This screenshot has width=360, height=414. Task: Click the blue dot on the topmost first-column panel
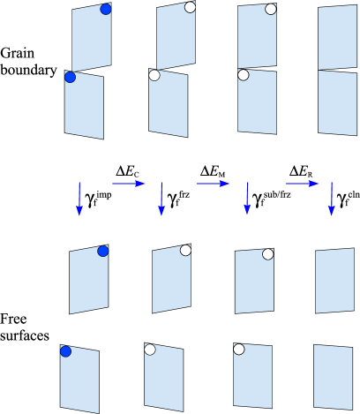106,9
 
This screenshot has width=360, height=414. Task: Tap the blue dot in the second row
70,78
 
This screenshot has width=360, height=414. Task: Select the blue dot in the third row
103,251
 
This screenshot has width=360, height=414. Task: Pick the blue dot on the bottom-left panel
65,351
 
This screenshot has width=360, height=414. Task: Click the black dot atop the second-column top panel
190,7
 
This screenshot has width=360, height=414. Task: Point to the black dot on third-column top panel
271,9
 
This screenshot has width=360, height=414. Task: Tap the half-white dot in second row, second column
154,75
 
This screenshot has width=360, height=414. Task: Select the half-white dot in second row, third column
243,75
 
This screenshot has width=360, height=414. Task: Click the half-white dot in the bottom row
150,349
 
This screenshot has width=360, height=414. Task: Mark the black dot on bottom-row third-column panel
238,349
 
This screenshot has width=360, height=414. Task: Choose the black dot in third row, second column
185,250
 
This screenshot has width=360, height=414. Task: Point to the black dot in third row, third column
267,253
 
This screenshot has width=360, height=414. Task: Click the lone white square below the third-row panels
235,315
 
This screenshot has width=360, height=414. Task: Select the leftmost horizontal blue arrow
129,184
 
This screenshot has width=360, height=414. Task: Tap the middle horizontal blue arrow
214,184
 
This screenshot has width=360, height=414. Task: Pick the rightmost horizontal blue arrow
302,184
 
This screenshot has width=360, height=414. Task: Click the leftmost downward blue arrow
79,199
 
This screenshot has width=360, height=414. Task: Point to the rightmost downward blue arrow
332,199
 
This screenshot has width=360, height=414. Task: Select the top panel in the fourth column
337,37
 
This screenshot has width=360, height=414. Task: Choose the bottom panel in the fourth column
333,377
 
